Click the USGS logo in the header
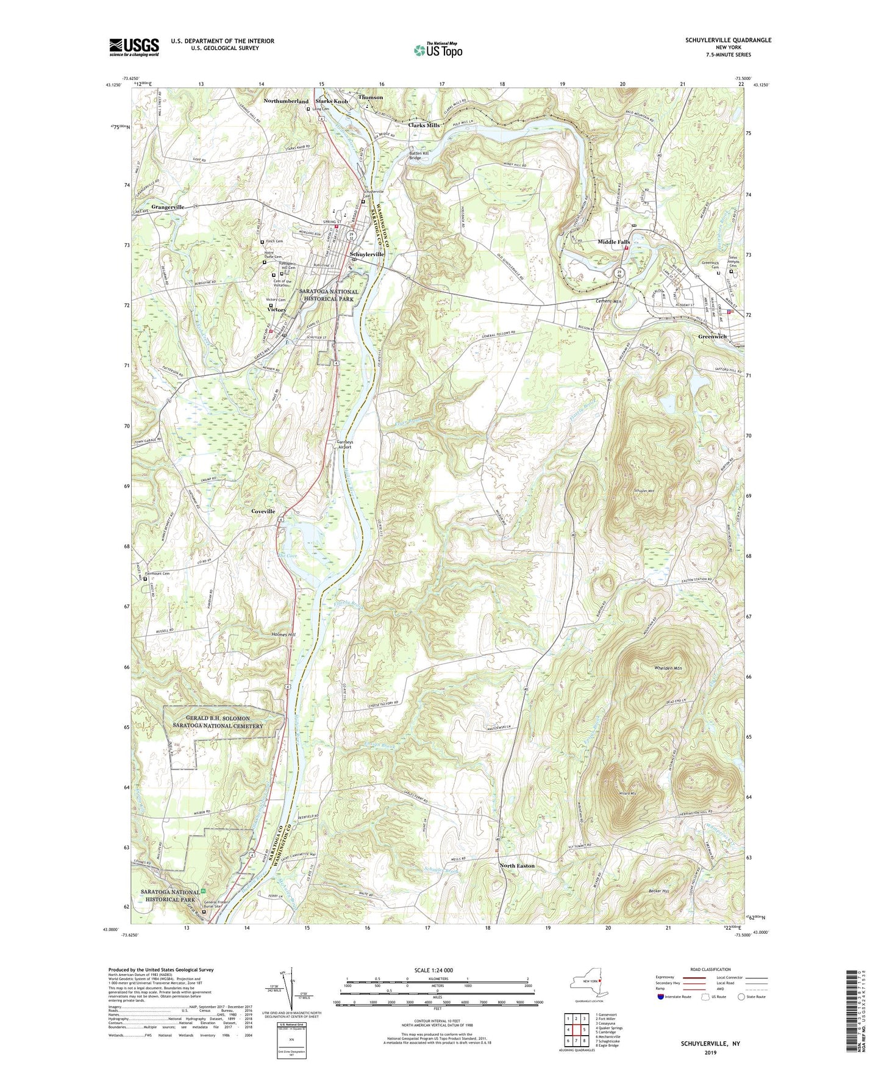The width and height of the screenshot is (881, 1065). [134, 47]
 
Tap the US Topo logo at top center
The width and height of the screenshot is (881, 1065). [437, 50]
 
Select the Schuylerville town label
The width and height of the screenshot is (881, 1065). [366, 254]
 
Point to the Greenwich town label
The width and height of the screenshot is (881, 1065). [712, 337]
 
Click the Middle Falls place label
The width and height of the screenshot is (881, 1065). [613, 242]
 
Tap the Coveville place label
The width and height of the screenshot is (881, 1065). [263, 511]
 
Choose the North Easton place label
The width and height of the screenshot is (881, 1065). [517, 866]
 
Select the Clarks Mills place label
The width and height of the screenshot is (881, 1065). [424, 125]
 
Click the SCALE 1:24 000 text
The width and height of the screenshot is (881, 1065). [434, 970]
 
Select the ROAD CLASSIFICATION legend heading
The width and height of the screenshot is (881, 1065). [710, 969]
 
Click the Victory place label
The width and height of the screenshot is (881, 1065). [276, 310]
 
